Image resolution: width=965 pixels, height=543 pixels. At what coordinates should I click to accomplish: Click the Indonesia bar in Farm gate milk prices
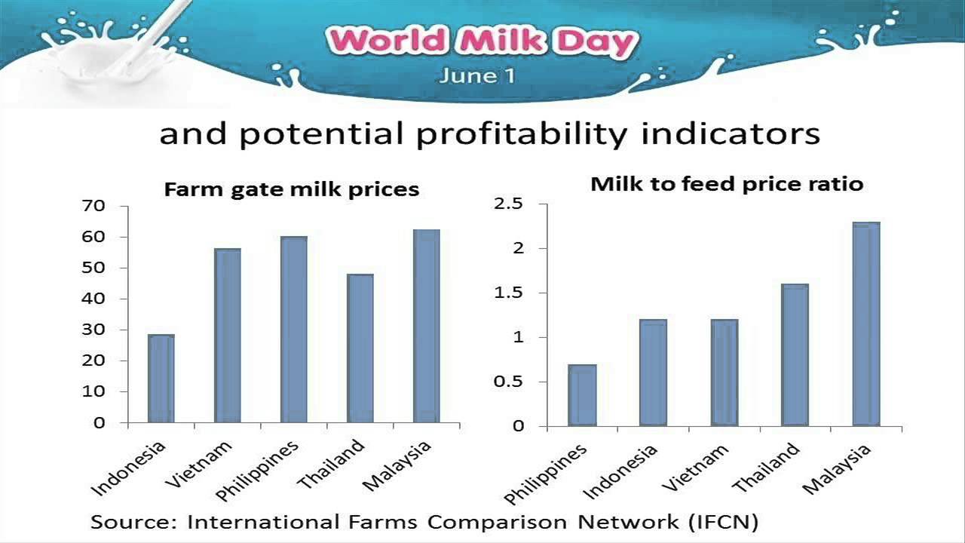pos(161,379)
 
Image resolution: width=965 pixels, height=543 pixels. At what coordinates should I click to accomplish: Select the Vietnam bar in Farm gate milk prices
pos(227,336)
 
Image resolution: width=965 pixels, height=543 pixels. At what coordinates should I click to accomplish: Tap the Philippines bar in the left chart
pos(293,330)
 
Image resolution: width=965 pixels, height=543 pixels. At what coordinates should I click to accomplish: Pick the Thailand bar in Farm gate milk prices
pos(360,348)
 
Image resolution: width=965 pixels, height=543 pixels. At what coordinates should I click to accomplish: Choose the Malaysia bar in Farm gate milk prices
pos(426,326)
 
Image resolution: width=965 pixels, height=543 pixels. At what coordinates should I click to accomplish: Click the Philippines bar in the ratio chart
pos(582,395)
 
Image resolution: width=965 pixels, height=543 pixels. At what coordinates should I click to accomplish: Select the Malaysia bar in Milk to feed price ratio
pos(865,324)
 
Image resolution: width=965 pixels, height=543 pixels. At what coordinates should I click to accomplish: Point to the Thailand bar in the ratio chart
pos(795,355)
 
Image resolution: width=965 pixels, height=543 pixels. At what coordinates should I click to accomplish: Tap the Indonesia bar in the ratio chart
pos(653,373)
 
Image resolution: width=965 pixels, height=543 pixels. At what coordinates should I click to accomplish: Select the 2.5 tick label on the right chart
pos(508,204)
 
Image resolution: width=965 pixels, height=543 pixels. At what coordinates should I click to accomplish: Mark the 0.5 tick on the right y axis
pos(508,382)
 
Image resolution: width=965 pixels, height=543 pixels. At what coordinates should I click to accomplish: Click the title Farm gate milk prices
pos(291,189)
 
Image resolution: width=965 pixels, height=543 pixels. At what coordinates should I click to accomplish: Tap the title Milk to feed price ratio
pos(727,184)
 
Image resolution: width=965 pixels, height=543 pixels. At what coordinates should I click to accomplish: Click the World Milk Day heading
pos(482,42)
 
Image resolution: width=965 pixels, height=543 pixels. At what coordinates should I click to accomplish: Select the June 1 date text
pos(477,76)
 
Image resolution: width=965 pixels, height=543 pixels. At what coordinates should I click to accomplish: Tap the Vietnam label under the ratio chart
pos(697,468)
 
